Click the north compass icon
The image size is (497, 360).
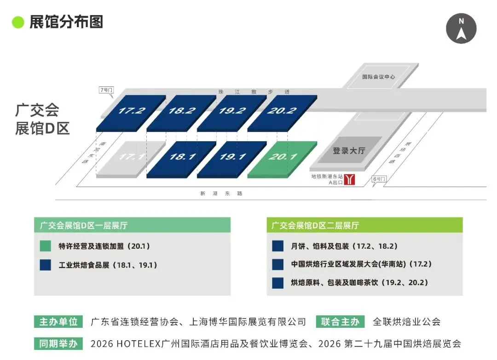tap(461, 28)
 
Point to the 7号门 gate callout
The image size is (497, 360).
tap(106, 90)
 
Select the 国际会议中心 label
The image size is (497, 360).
tap(378, 77)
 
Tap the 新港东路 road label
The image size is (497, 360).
tap(221, 194)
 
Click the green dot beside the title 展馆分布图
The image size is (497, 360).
tap(18, 22)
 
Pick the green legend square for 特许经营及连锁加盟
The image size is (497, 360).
tap(46, 246)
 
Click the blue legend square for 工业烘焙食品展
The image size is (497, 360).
tap(46, 265)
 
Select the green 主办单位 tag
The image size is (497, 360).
tap(58, 321)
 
